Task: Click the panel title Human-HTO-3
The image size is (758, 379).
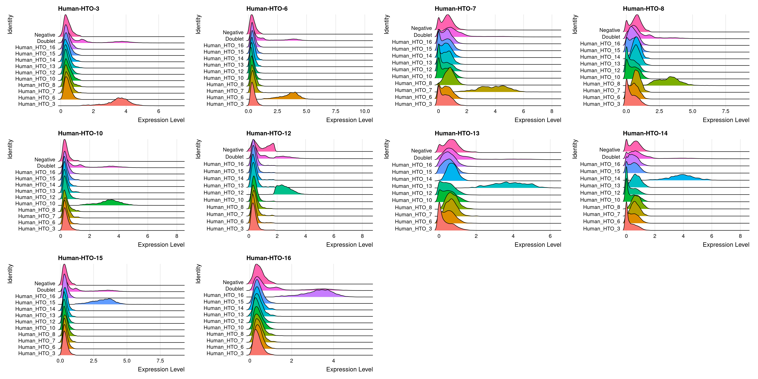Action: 79,9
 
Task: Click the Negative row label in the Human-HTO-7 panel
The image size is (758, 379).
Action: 421,28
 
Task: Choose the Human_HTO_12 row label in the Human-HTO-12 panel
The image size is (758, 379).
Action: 224,193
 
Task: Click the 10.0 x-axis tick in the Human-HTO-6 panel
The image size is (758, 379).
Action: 365,111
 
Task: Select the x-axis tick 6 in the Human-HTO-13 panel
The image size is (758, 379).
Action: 550,236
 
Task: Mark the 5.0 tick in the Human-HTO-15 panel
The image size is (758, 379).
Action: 127,361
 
